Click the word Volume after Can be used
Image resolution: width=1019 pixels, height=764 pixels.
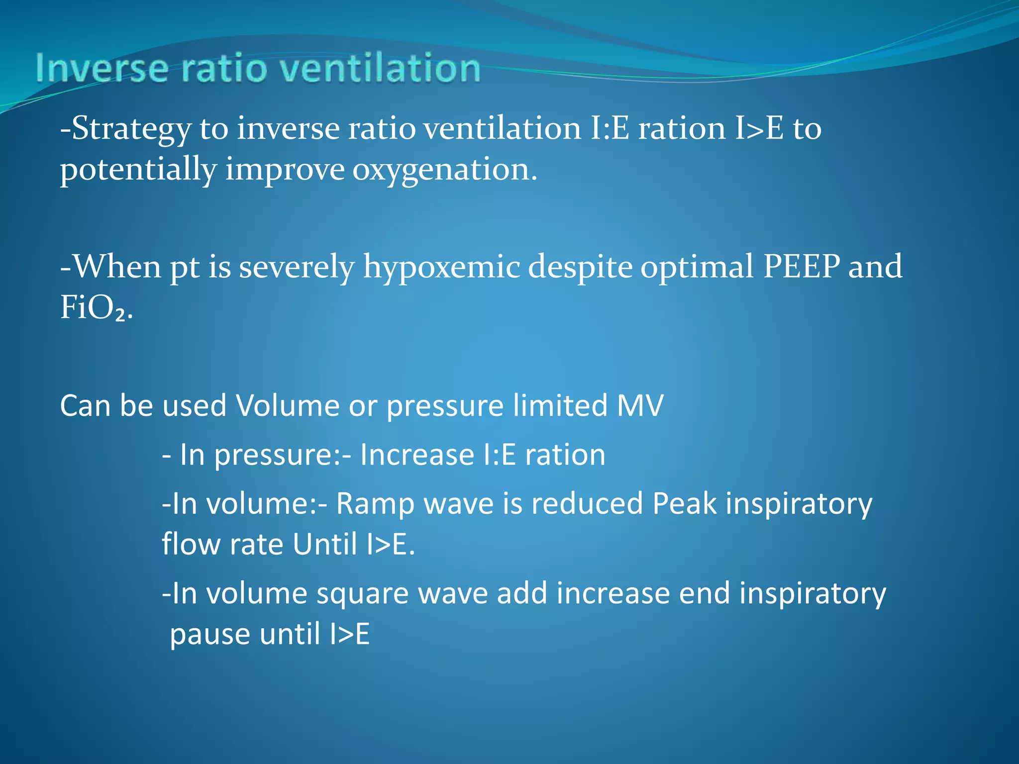(288, 405)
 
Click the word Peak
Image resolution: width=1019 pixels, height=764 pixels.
(684, 504)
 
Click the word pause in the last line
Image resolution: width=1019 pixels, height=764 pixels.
(209, 635)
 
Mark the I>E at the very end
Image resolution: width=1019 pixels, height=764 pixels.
(350, 635)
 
